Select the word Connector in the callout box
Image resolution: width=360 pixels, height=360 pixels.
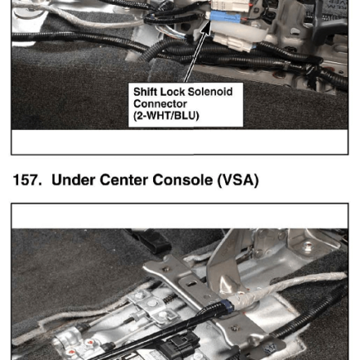160,104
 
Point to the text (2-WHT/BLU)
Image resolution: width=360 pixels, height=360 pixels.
166,115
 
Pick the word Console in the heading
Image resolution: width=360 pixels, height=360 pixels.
182,180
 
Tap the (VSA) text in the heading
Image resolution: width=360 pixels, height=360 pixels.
238,180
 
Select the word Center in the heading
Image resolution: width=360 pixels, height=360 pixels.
124,180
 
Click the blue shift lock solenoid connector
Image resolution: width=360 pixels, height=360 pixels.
225,17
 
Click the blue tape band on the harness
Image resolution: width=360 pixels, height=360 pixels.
227,306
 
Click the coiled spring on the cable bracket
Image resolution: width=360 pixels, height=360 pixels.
171,299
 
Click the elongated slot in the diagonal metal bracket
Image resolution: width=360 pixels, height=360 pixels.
193,284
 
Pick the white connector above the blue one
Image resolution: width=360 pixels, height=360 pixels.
231,6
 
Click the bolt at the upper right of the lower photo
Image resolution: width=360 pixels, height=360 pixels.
308,248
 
